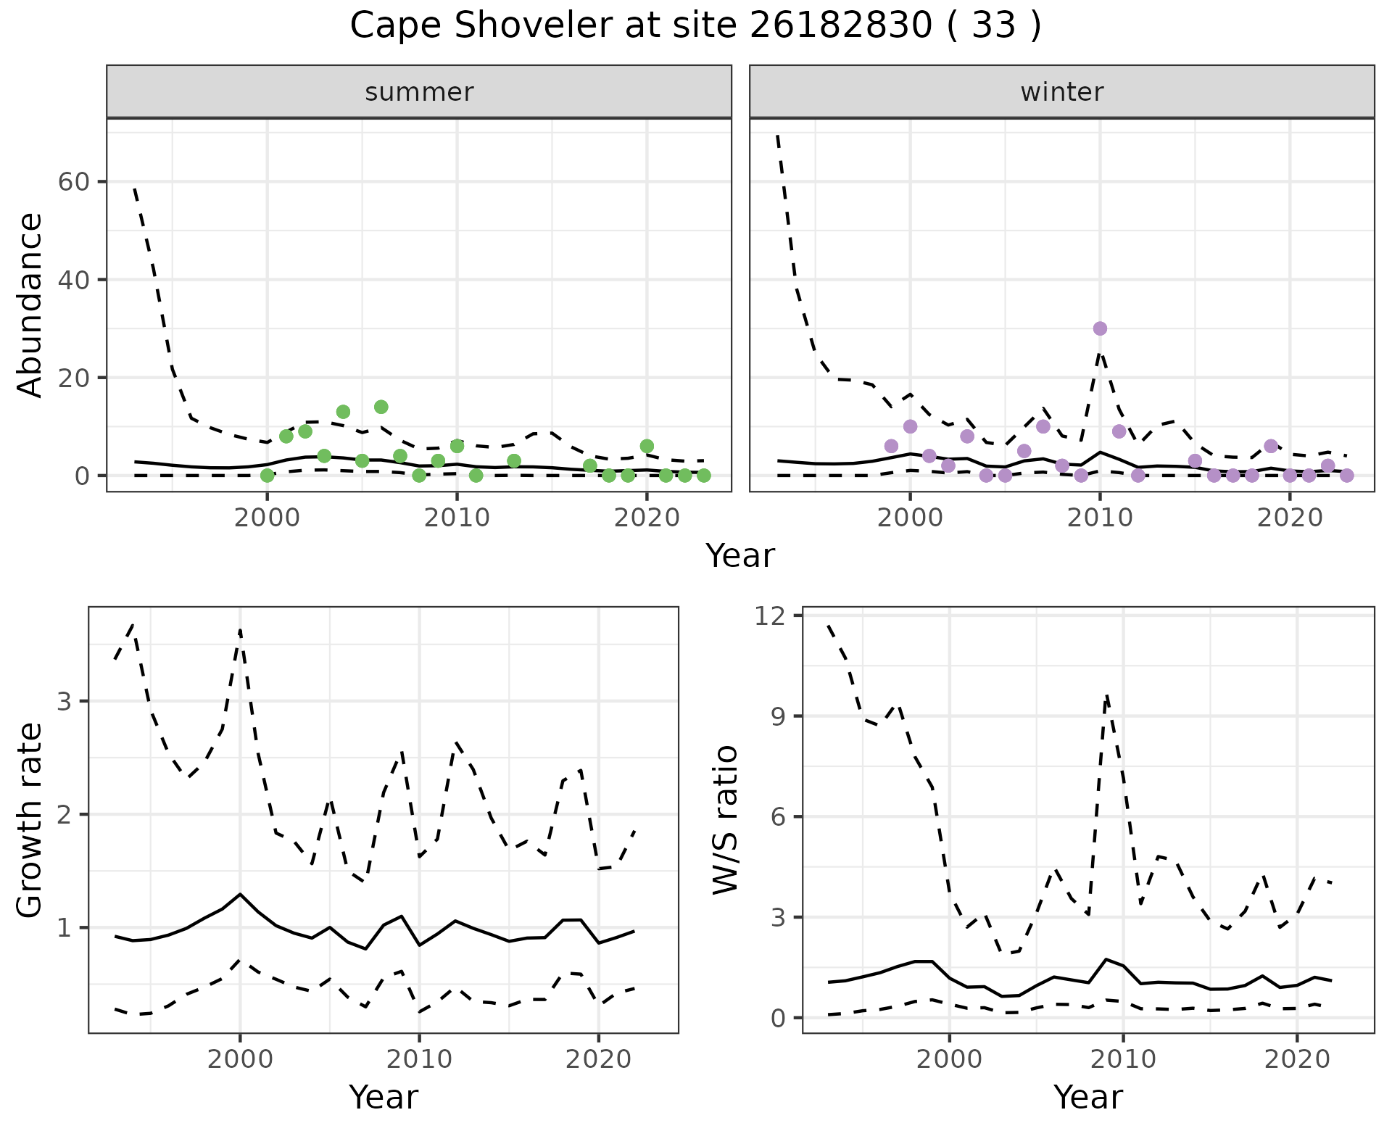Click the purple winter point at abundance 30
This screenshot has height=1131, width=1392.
click(1100, 328)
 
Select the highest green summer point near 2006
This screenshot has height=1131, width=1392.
click(381, 407)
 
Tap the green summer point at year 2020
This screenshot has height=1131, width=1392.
click(647, 446)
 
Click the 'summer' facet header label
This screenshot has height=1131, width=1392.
click(419, 92)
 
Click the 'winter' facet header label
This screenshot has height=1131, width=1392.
click(1061, 92)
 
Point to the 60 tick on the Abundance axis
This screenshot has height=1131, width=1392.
click(73, 181)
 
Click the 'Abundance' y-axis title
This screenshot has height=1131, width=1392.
click(30, 304)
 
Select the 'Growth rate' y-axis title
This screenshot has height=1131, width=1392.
click(30, 821)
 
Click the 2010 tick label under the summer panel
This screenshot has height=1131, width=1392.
click(457, 519)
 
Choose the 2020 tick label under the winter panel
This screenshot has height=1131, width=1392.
click(1290, 519)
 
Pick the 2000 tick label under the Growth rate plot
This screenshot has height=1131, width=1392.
click(240, 1059)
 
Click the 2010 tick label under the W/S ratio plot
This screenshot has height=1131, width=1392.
click(1123, 1059)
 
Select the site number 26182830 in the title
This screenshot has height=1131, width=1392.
click(840, 26)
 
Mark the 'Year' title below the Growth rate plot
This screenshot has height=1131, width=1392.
click(384, 1097)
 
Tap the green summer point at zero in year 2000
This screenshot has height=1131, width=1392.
click(268, 476)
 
